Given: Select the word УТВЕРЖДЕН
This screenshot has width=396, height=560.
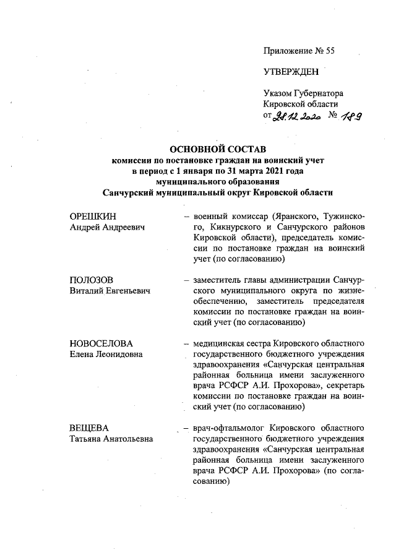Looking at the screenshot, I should (x=291, y=72).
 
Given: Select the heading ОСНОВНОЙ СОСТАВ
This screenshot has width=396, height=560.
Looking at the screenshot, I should (x=217, y=150).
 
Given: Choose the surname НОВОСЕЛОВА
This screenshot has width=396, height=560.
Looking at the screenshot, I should (x=101, y=343).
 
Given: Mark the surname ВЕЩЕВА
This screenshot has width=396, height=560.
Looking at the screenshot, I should (x=88, y=429).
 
